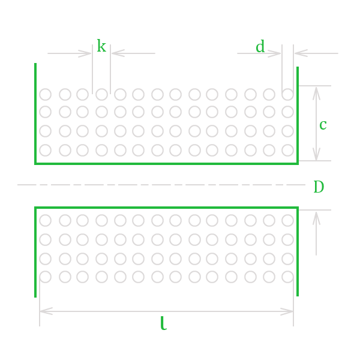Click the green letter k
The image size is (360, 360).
tap(101, 46)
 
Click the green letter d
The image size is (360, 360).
tap(260, 47)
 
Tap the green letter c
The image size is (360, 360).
tap(323, 125)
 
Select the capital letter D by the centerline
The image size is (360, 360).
tap(319, 187)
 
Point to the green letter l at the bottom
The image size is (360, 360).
tap(163, 324)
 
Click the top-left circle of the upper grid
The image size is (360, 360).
tap(46, 94)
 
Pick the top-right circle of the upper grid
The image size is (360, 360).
tap(288, 94)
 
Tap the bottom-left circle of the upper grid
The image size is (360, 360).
tap(46, 150)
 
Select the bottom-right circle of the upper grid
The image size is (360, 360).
tap(288, 150)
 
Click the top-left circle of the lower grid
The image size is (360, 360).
tap(46, 221)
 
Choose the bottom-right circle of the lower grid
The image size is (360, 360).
tap(288, 277)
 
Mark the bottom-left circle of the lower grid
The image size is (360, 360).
tap(46, 277)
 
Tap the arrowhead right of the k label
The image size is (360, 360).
tap(116, 53)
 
